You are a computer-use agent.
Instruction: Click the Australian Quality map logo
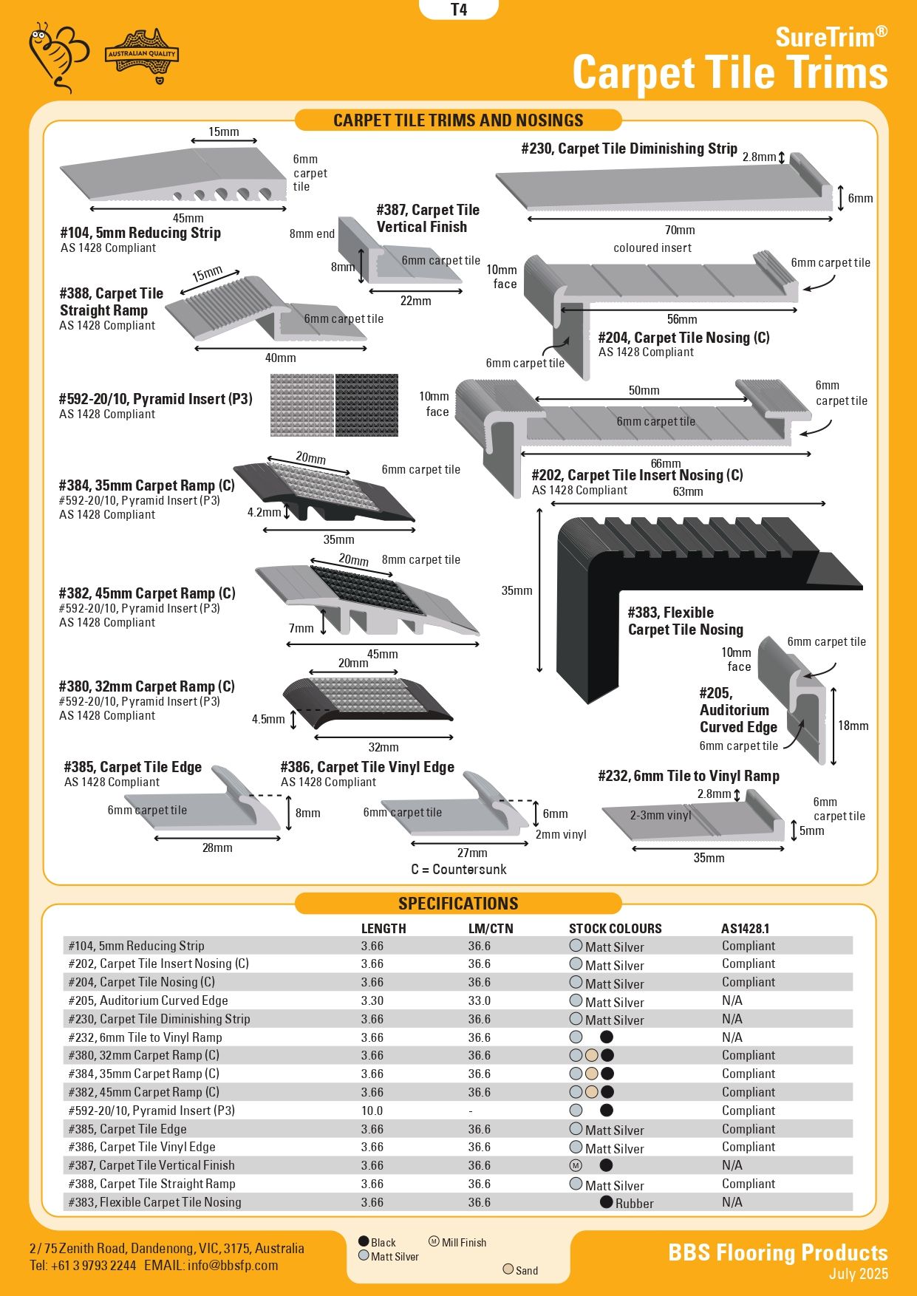(143, 55)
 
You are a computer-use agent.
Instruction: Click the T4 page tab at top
(458, 10)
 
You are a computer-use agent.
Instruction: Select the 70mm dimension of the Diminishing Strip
(679, 230)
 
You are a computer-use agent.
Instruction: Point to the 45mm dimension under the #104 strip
(188, 218)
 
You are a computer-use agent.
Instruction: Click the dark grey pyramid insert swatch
(367, 405)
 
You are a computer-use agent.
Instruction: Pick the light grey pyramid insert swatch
(301, 405)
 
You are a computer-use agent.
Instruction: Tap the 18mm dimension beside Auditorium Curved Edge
(853, 726)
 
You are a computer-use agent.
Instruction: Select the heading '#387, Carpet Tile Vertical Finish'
(428, 218)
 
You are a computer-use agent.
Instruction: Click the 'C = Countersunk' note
(459, 869)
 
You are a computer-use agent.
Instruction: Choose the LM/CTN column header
(490, 928)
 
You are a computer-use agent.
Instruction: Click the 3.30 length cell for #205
(372, 1000)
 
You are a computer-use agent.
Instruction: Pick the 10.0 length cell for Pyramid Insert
(372, 1111)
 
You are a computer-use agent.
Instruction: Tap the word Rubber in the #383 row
(634, 1203)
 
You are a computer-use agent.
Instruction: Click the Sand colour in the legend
(526, 1270)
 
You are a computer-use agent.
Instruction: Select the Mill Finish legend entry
(463, 1242)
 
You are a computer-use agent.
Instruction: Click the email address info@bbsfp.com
(233, 1265)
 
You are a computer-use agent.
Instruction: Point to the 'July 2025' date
(858, 1273)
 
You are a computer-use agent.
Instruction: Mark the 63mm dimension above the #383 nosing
(687, 492)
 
